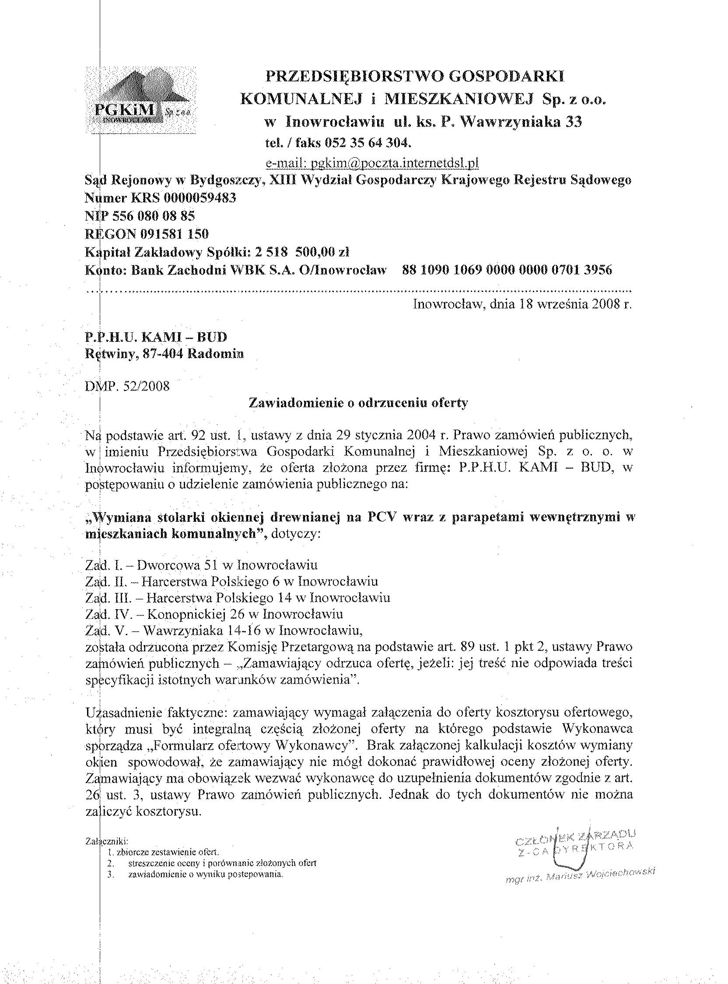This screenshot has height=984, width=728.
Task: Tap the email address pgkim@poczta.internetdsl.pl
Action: point(372,163)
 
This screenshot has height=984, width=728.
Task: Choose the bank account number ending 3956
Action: point(507,270)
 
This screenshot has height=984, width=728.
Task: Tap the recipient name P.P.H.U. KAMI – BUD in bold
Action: point(156,337)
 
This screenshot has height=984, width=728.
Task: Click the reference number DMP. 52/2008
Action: point(127,386)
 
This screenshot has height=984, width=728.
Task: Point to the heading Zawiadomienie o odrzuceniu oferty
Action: point(358,403)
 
